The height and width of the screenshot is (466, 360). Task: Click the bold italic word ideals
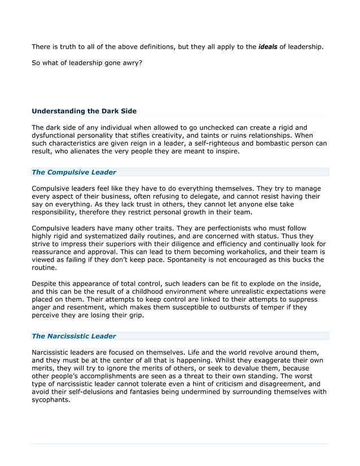tap(267, 47)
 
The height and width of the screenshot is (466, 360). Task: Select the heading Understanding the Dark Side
tap(84, 111)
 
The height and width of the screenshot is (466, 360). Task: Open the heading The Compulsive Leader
tap(74, 172)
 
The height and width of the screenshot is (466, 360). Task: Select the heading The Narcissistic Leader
tap(74, 336)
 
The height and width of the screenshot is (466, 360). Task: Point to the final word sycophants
tap(50, 399)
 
